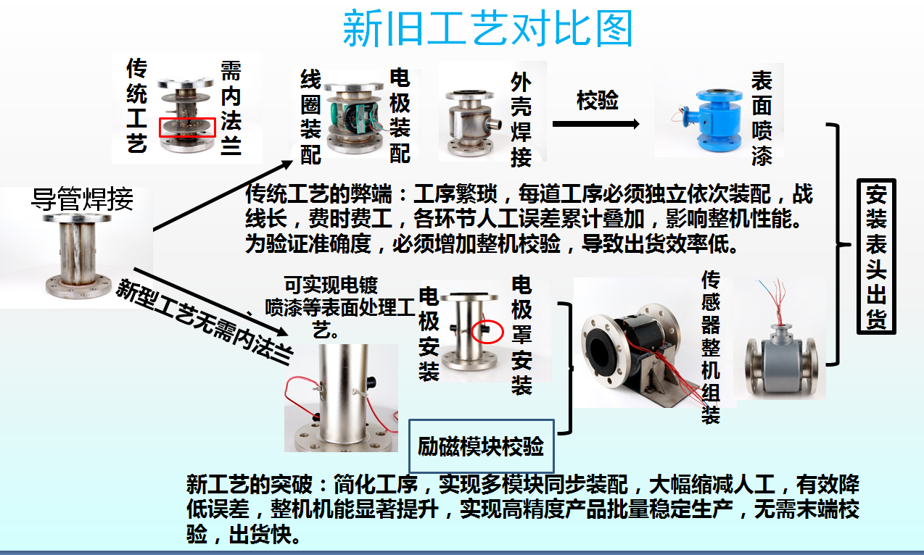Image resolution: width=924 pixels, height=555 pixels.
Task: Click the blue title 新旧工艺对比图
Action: pyautogui.click(x=487, y=28)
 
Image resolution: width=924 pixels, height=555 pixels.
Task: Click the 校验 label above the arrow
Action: pyautogui.click(x=598, y=100)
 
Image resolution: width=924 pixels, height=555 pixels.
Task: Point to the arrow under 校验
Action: pyautogui.click(x=596, y=124)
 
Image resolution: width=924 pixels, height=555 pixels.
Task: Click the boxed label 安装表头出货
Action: pyautogui.click(x=876, y=256)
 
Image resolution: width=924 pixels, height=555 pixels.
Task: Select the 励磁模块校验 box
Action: pyautogui.click(x=481, y=446)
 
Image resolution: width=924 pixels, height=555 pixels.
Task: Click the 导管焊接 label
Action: pyautogui.click(x=82, y=199)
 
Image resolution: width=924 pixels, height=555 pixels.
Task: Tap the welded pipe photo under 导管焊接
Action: pyautogui.click(x=78, y=256)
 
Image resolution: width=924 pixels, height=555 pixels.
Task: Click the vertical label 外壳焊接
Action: pyautogui.click(x=521, y=120)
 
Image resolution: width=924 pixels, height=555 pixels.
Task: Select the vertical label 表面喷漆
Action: pyautogui.click(x=762, y=118)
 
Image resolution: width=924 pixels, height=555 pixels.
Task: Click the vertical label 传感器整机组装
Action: pyautogui.click(x=710, y=347)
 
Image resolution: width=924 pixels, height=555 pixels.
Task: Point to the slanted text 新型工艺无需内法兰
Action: pyautogui.click(x=205, y=322)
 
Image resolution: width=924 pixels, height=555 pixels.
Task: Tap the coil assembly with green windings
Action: pyautogui.click(x=354, y=118)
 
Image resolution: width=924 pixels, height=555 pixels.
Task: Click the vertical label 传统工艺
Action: pyautogui.click(x=137, y=106)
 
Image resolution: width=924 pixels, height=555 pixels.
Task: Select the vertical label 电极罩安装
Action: pyautogui.click(x=521, y=335)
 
